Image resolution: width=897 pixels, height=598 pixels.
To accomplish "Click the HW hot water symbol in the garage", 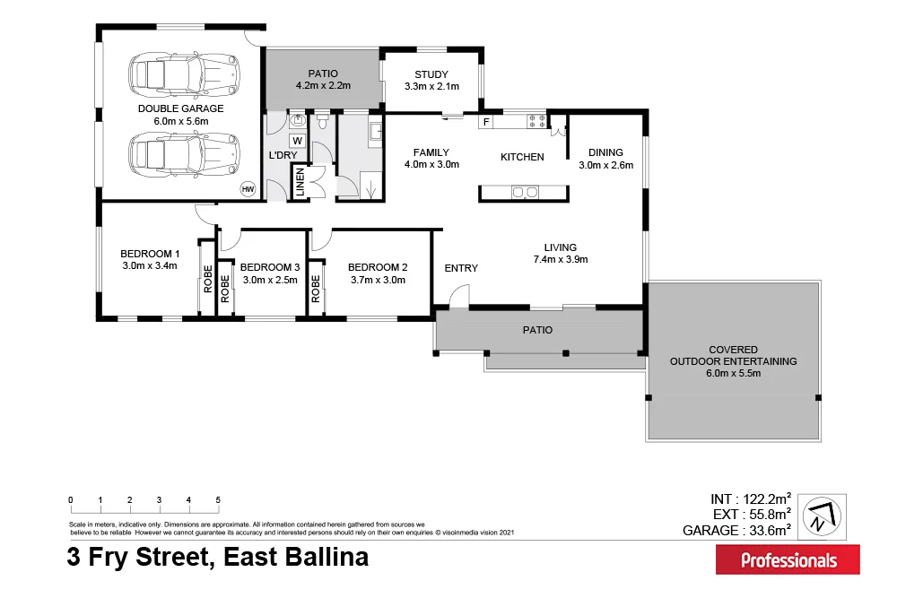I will click(248, 189).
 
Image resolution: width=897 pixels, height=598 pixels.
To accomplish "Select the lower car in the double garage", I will click(185, 154).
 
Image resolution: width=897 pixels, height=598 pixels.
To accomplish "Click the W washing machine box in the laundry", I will click(297, 141).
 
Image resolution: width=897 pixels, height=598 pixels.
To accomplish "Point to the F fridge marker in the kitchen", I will click(486, 121).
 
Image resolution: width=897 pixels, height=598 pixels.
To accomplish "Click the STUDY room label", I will click(431, 74).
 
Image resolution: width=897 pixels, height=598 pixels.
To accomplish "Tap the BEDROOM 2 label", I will click(378, 267).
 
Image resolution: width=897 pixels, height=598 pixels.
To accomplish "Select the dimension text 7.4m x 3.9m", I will click(560, 260).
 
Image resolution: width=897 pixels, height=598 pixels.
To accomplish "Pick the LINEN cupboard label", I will click(300, 183).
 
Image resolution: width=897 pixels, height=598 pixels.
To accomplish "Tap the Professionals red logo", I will click(788, 560).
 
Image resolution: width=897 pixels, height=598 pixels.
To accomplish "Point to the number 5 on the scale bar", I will click(218, 500).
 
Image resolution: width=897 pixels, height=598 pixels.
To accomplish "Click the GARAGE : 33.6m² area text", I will click(736, 530).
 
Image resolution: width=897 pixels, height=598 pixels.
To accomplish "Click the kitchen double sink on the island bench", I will click(523, 191).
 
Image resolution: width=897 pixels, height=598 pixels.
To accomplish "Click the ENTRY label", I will click(461, 268).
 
